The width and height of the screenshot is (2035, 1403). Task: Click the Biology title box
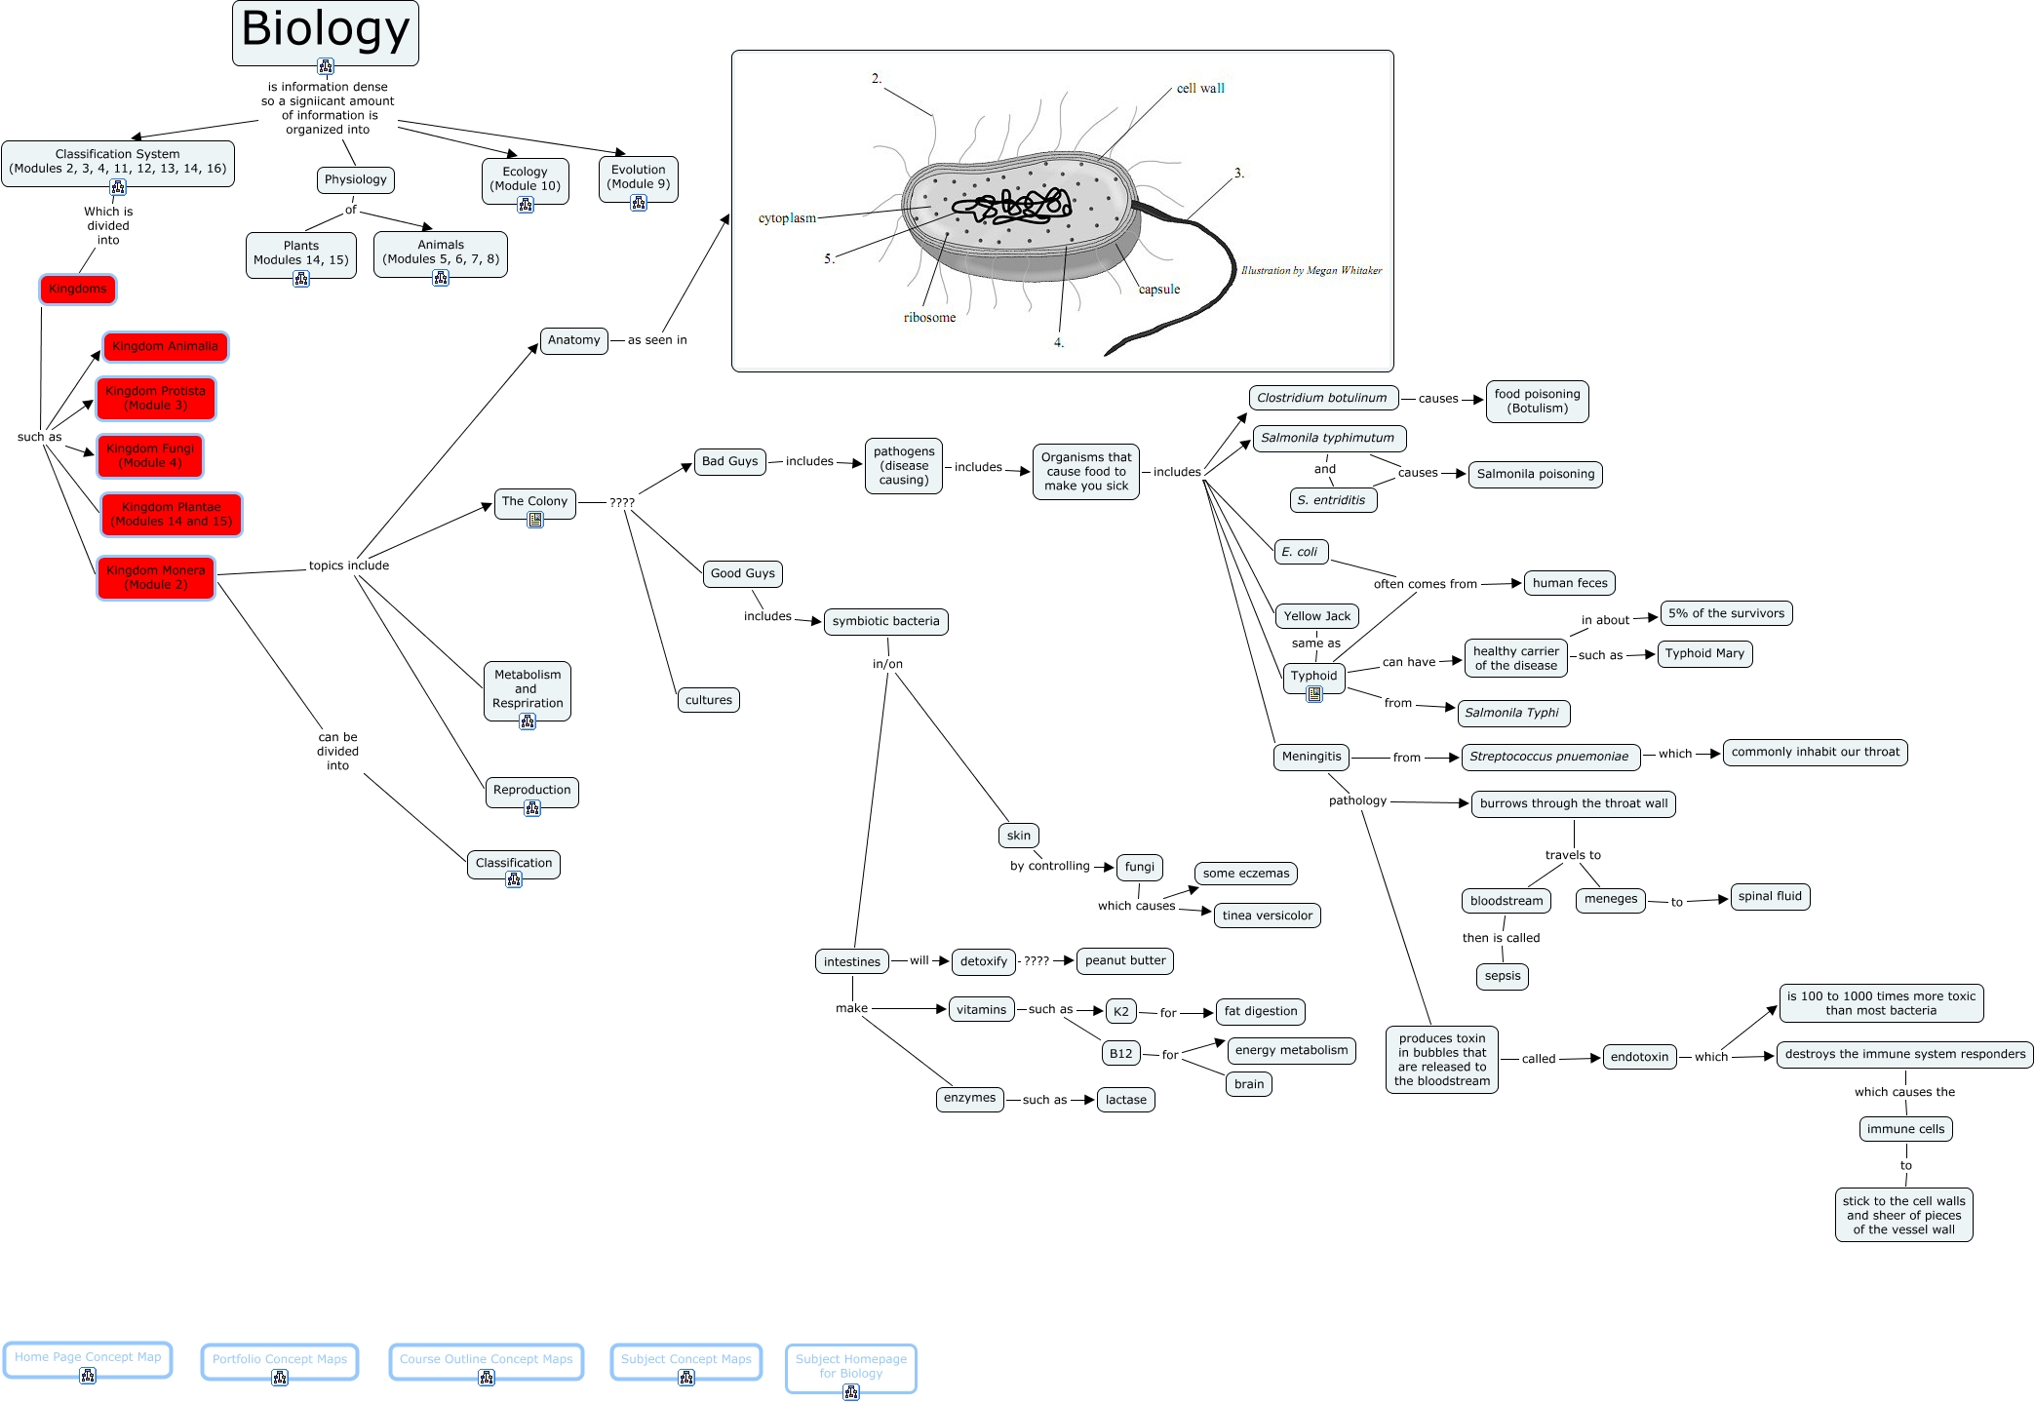[325, 30]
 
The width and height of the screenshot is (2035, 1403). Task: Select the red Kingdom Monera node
[156, 577]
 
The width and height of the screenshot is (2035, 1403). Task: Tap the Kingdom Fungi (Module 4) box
[150, 455]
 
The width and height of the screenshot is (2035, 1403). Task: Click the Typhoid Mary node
[1703, 653]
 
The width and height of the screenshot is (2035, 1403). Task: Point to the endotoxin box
[1639, 1057]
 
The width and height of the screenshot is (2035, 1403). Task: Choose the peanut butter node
[1124, 960]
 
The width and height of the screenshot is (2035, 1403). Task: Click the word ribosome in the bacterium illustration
[929, 318]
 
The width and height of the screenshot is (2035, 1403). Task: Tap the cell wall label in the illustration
[1200, 88]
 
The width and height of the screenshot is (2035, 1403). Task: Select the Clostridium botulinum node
[1322, 398]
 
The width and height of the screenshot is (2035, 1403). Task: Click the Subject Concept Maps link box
[685, 1359]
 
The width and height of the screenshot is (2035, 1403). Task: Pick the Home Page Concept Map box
[88, 1357]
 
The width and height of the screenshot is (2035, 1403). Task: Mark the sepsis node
[1502, 976]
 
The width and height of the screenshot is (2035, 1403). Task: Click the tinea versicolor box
[1267, 916]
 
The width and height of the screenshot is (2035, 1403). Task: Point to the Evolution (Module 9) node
[638, 176]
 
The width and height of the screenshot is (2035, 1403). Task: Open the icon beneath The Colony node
[535, 521]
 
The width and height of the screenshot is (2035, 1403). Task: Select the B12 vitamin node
[1120, 1053]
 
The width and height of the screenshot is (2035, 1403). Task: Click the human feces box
[1569, 583]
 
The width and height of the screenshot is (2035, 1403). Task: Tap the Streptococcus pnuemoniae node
[1548, 757]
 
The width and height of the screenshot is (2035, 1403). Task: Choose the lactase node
[1125, 1100]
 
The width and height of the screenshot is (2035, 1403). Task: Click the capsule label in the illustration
[1158, 290]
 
